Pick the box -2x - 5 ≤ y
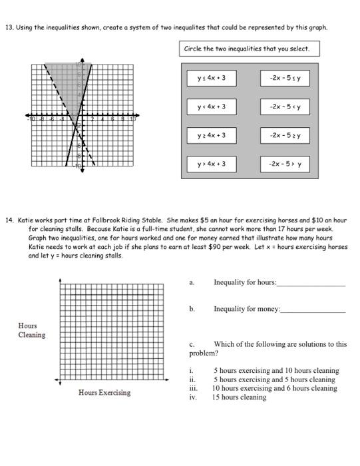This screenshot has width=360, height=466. [x=285, y=79]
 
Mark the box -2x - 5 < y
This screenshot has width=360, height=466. [x=285, y=107]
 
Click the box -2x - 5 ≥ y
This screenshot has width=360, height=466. [x=285, y=135]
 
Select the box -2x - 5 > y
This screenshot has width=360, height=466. [x=285, y=163]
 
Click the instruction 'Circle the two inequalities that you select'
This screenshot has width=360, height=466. [x=247, y=49]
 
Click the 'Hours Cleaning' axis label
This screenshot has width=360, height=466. [x=31, y=330]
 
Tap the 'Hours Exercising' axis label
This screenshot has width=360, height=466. [x=104, y=393]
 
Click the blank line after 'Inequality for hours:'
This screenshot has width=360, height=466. [x=311, y=284]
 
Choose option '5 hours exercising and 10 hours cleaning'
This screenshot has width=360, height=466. [x=276, y=370]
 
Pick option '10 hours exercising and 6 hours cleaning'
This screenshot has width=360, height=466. [x=275, y=388]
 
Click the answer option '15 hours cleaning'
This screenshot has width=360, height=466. [x=239, y=397]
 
